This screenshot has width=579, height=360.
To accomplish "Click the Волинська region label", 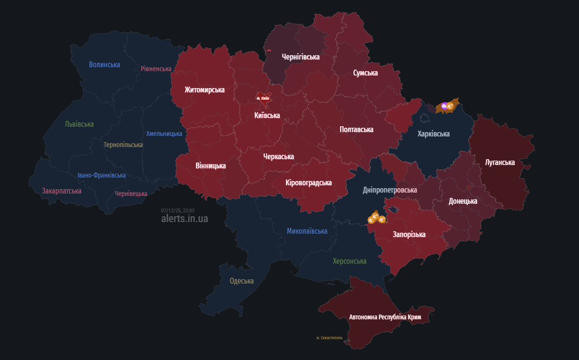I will pos(104,64).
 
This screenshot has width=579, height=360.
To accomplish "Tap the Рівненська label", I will pos(156,69).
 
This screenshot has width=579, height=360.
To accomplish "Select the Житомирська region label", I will pos(204,90).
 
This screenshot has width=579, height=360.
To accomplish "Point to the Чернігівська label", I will pos(300,57).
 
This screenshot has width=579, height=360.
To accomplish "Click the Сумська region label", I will pos(365,73).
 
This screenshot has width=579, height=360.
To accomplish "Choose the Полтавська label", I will pos(356,129).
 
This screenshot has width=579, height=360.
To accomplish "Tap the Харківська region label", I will pos(433,134).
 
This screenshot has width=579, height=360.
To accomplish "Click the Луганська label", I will pos(500,162).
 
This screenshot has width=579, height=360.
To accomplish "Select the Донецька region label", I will pos(462,201).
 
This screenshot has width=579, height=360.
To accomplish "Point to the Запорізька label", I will pos(409,234).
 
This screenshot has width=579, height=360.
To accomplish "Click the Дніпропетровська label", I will pos(390,190).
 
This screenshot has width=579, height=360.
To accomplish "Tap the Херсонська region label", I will pos(349,261).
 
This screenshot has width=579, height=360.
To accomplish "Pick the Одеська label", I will pos(241,281).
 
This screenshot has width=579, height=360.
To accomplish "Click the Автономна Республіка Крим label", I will pos(385,317).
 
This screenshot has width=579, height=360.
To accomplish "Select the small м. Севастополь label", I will pos(329,338).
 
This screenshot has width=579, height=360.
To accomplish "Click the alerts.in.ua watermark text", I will pos(185,219).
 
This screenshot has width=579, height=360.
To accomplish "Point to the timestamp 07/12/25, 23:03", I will pos(178,210).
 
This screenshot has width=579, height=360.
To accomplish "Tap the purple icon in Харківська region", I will pos(444,105).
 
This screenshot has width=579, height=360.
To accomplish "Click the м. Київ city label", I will pos(263,98).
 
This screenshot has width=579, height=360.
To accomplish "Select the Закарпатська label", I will pos(61,191).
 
